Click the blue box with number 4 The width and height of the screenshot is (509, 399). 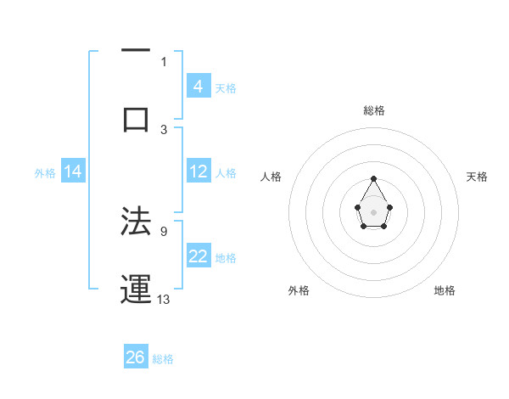pyautogui.click(x=199, y=86)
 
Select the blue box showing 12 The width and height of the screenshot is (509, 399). pyautogui.click(x=199, y=171)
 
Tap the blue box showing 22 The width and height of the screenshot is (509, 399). pyautogui.click(x=199, y=256)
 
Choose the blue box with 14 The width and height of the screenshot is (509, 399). pyautogui.click(x=73, y=171)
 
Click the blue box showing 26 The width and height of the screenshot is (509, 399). pyautogui.click(x=136, y=357)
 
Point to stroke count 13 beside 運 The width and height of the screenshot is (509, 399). pyautogui.click(x=164, y=299)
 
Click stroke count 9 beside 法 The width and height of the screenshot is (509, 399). pyautogui.click(x=164, y=230)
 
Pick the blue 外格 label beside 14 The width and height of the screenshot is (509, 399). pyautogui.click(x=45, y=172)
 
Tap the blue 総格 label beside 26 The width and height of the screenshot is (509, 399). pyautogui.click(x=163, y=359)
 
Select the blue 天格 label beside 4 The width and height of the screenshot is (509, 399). pyautogui.click(x=226, y=87)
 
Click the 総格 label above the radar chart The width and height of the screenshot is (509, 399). pyautogui.click(x=373, y=110)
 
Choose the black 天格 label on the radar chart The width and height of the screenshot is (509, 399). pyautogui.click(x=478, y=177)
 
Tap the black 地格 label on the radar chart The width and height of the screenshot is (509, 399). pyautogui.click(x=445, y=290)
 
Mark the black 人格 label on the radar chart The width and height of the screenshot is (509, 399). pyautogui.click(x=271, y=177)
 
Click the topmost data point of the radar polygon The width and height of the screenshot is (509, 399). pyautogui.click(x=373, y=178)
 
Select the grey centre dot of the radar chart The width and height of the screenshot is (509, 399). pyautogui.click(x=373, y=211)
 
